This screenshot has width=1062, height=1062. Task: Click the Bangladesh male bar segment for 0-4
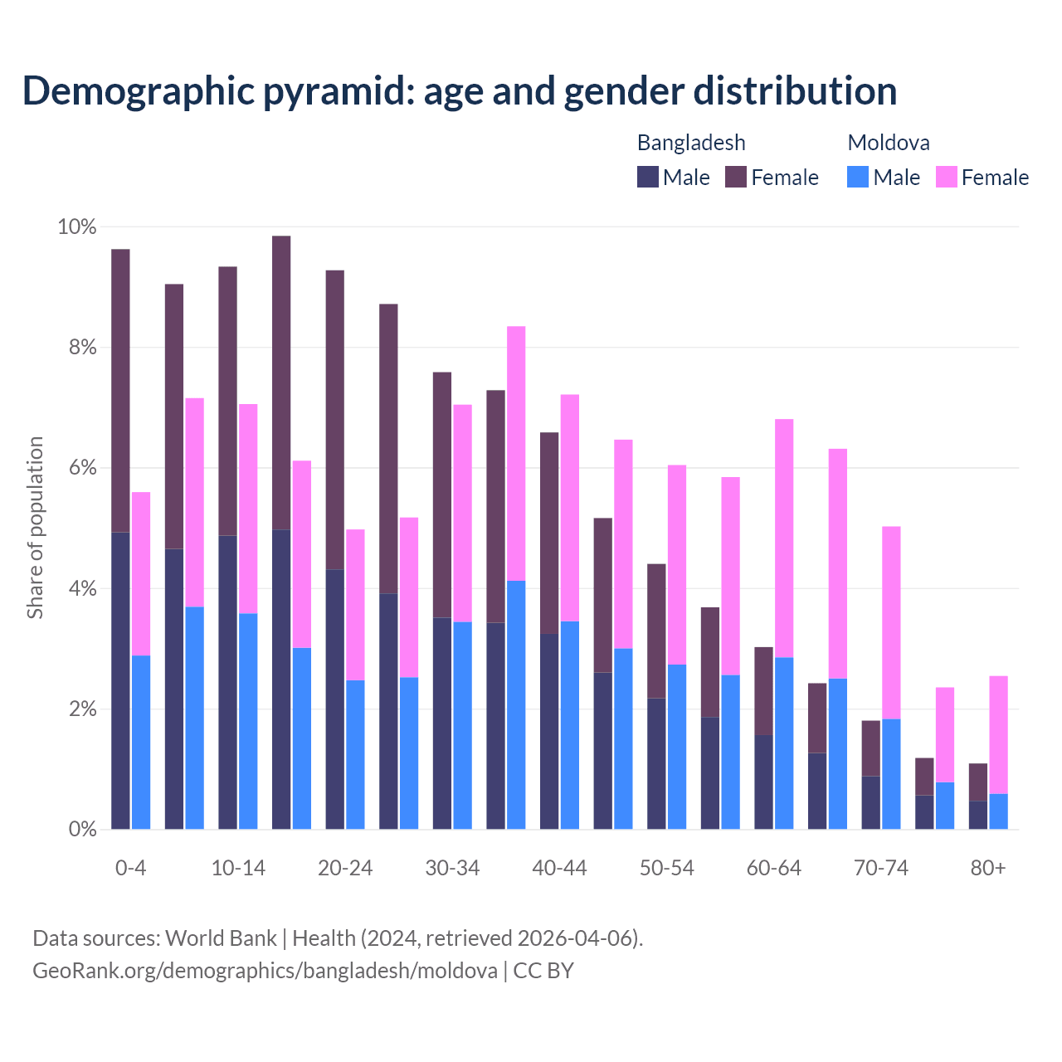click(120, 680)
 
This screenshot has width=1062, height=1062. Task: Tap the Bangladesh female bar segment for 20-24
click(335, 420)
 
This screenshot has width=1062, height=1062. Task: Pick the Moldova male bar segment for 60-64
click(784, 743)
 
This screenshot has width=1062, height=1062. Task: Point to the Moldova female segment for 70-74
click(891, 622)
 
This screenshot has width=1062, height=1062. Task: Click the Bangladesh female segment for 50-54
click(656, 631)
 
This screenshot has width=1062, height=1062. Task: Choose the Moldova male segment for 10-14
click(248, 721)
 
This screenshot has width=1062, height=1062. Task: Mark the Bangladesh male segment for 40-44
click(549, 731)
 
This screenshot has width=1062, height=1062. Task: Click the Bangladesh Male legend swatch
click(648, 177)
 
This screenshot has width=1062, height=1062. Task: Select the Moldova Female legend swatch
click(947, 177)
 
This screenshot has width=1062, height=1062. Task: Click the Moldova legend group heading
click(889, 143)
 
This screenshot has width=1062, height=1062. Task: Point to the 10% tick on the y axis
click(77, 227)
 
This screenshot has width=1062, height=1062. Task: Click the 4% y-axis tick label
click(82, 589)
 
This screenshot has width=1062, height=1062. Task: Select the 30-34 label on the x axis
click(452, 868)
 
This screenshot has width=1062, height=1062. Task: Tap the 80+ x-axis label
click(988, 868)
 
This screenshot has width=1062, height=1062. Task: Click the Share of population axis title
click(35, 528)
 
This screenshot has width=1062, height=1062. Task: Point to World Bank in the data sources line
click(221, 938)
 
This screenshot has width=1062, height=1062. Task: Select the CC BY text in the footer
click(543, 971)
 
